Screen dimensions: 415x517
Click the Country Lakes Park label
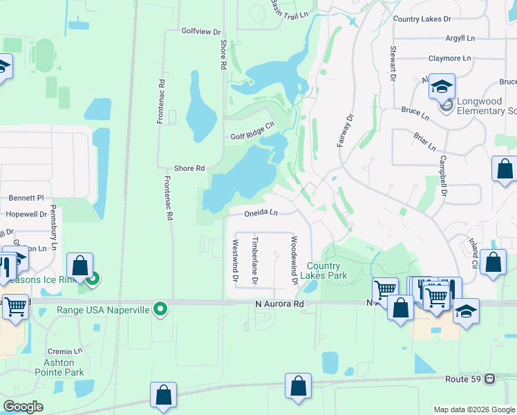[x=323, y=270]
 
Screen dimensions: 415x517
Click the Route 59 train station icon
[x=489, y=378]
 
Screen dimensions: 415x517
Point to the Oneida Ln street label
[x=261, y=213]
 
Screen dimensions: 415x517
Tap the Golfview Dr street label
[x=200, y=32]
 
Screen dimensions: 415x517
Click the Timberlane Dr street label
[x=254, y=261]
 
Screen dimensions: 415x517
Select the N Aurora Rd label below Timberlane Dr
[x=279, y=304]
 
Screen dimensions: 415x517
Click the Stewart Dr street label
[x=392, y=63]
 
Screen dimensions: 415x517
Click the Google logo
[x=23, y=406]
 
